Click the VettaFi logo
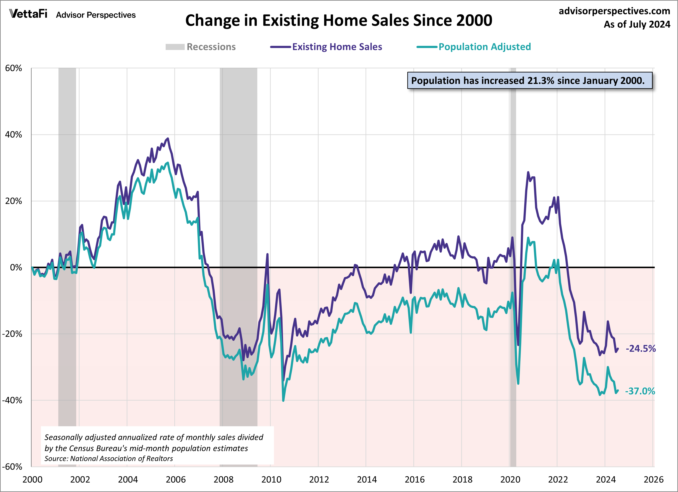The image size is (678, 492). point(28,14)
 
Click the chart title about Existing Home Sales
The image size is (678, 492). point(338,20)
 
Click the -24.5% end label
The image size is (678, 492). point(640,348)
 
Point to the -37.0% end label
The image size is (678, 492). point(640,391)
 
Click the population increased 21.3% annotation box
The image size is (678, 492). point(529,81)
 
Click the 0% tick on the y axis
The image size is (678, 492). point(16,267)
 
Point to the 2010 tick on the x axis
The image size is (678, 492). point(271,479)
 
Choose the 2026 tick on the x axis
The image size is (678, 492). point(653,479)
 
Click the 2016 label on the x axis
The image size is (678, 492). point(414,479)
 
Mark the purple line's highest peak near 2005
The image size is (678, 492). point(168,139)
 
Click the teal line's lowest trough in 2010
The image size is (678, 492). point(283,400)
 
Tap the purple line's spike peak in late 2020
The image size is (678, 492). point(528,172)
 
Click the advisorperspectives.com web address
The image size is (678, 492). point(614,11)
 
